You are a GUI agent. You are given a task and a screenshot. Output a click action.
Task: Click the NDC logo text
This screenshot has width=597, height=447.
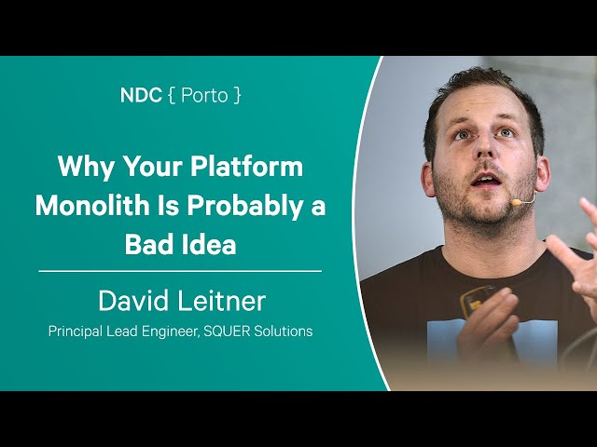[141, 95]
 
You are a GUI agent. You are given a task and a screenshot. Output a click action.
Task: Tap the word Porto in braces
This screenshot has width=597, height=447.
[204, 95]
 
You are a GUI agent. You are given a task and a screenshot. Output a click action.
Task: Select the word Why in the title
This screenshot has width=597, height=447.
[85, 167]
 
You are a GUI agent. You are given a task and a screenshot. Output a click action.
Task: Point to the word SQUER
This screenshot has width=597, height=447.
[227, 332]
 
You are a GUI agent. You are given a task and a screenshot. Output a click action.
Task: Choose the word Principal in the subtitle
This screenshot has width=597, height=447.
[76, 332]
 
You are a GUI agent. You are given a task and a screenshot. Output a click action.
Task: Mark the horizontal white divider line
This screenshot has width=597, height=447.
[180, 271]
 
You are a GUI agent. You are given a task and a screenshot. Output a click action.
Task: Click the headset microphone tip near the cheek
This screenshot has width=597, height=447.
[516, 202]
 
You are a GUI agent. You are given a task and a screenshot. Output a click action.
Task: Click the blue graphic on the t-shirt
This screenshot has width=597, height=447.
[492, 342]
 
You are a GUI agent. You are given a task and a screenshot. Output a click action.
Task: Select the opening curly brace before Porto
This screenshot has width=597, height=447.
[172, 96]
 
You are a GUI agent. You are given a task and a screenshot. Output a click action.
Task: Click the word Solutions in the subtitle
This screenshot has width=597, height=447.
[284, 332]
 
